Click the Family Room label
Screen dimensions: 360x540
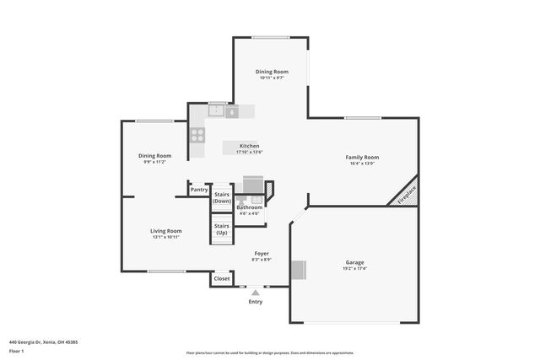pyautogui.click(x=362, y=157)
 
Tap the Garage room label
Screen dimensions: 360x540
pyautogui.click(x=354, y=262)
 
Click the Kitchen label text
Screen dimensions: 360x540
pyautogui.click(x=249, y=146)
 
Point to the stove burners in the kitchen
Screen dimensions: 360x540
pyautogui.click(x=197, y=133)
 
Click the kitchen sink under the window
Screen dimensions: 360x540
pyautogui.click(x=217, y=110)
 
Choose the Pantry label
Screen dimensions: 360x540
pyautogui.click(x=199, y=190)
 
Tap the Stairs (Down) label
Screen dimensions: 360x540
pyautogui.click(x=222, y=198)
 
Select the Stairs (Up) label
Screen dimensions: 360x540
pyautogui.click(x=222, y=228)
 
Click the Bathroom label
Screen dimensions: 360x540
pyautogui.click(x=249, y=207)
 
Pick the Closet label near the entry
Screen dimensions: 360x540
pyautogui.click(x=222, y=278)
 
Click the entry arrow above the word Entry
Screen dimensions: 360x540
pyautogui.click(x=256, y=292)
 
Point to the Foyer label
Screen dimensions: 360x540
pyautogui.click(x=262, y=253)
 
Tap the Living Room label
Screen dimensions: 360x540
pyautogui.click(x=166, y=231)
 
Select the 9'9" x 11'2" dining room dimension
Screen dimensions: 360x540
pyautogui.click(x=155, y=162)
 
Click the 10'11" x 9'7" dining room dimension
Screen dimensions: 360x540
pyautogui.click(x=272, y=78)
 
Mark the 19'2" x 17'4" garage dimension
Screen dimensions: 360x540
pyautogui.click(x=354, y=269)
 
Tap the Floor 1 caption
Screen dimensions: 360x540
pyautogui.click(x=16, y=351)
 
